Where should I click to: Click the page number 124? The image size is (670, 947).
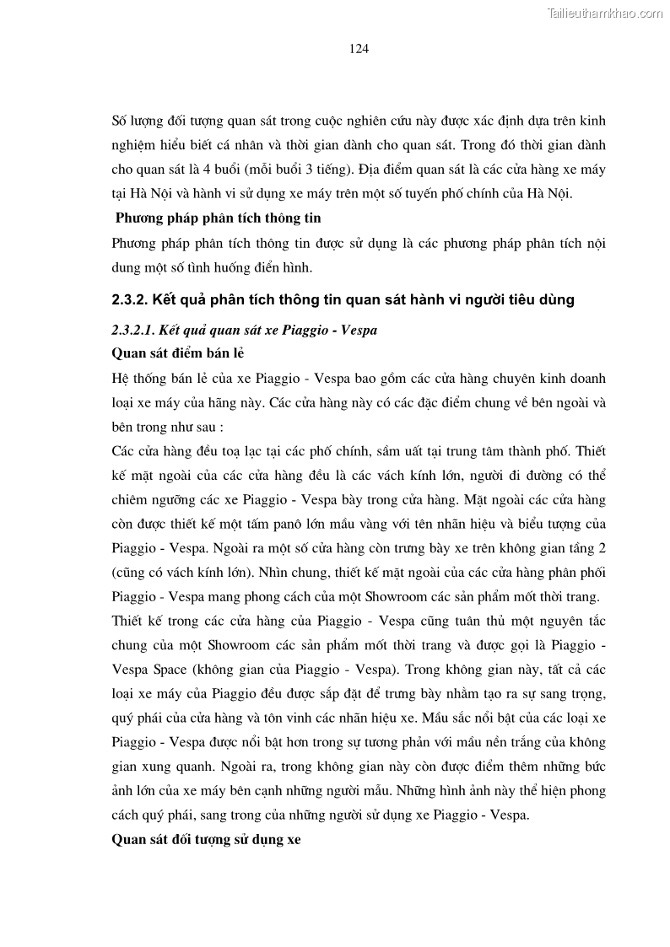pos(359,49)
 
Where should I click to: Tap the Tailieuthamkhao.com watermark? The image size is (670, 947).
pos(605,13)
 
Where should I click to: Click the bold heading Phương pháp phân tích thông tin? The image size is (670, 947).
pos(218,218)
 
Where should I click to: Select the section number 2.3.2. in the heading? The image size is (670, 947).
pos(130,299)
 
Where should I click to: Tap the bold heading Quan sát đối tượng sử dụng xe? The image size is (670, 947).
pos(206,840)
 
